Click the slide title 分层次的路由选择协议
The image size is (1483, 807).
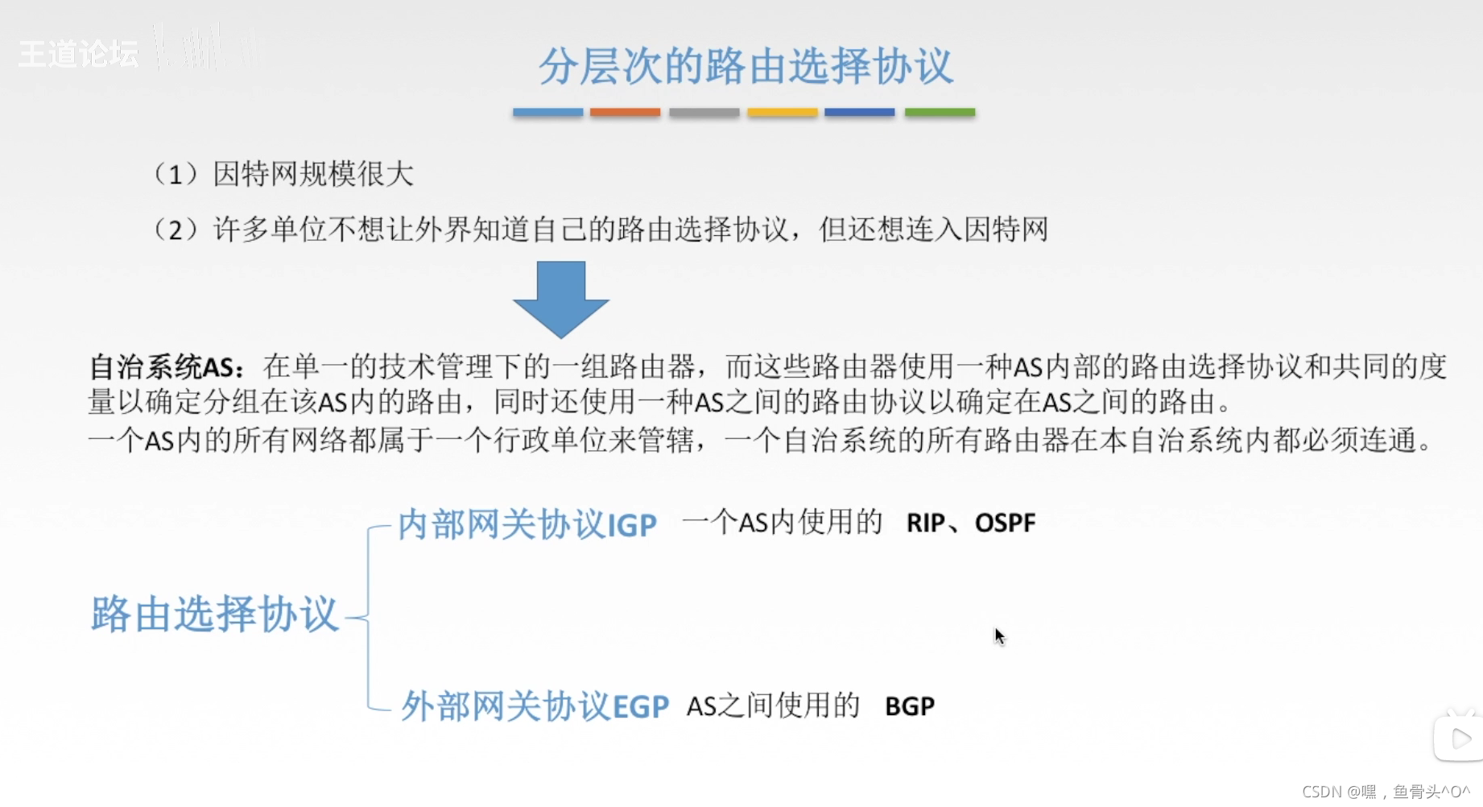coord(746,66)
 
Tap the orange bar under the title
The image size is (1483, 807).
coord(625,113)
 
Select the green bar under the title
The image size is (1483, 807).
coord(940,113)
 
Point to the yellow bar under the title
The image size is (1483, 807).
coord(782,113)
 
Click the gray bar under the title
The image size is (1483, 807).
coord(704,113)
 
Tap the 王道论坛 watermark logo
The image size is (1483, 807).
coord(78,54)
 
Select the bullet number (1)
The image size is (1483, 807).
coord(175,174)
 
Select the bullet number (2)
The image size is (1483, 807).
coord(175,230)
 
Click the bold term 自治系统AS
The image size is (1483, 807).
coord(166,367)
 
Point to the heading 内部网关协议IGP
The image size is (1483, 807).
coord(527,525)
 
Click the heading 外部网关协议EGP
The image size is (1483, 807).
coord(535,706)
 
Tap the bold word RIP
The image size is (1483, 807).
coord(925,524)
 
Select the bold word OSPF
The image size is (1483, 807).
coord(1005,524)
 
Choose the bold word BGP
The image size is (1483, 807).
coord(909,706)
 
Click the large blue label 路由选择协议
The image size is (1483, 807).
coord(214,615)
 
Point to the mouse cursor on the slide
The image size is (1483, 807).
coord(999,636)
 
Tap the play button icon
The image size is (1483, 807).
coord(1460,738)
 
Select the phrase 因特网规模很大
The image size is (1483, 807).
coord(313,174)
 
